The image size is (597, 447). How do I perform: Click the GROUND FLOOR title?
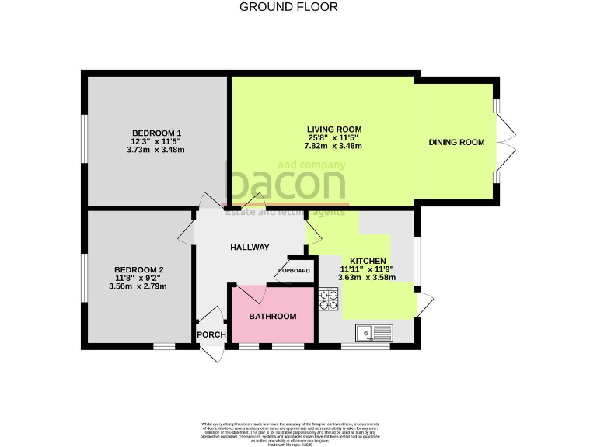click(288, 7)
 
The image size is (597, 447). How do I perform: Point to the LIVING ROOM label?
click(334, 129)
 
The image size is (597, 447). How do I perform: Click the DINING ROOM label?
click(457, 142)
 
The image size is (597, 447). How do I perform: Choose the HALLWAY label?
click(250, 248)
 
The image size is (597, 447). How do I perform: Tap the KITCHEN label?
click(367, 261)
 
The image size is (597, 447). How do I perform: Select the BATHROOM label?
click(272, 317)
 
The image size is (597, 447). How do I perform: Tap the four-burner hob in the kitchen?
click(328, 299)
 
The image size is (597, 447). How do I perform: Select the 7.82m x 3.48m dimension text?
click(334, 146)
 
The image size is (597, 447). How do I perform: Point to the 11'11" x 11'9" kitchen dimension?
click(367, 269)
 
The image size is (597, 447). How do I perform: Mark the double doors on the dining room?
click(504, 143)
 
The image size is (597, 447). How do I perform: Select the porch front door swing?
click(212, 351)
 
